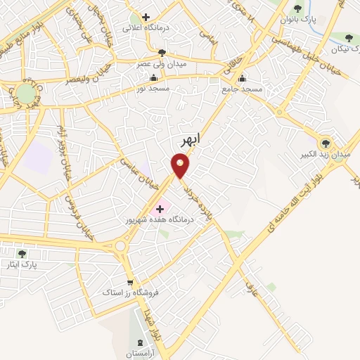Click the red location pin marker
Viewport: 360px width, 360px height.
181,166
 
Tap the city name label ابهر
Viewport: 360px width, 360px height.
190,140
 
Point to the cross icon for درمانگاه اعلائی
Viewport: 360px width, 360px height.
146,17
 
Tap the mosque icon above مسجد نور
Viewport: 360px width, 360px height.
153,78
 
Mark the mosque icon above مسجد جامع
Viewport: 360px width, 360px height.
243,79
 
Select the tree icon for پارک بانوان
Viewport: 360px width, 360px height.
298,9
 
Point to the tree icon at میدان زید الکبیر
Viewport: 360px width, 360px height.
326,141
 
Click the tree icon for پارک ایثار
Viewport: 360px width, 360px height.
22,253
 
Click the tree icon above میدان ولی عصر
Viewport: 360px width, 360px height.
162,53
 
